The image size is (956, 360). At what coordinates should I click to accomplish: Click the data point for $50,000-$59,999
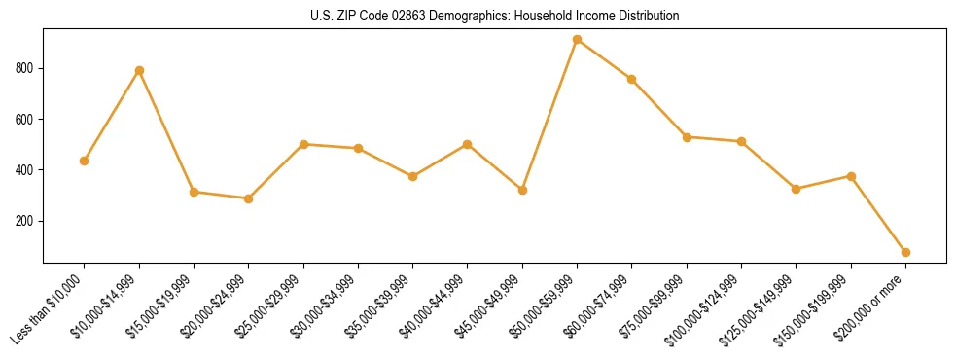pos(577,40)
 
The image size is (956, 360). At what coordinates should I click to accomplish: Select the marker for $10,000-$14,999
pos(139,70)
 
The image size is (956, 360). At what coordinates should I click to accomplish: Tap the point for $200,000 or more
pos(905,252)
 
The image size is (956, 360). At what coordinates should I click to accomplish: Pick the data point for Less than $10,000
pos(85,161)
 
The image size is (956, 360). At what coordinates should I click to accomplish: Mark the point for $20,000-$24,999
pos(249,198)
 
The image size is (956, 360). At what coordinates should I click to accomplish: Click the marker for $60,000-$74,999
pos(632,79)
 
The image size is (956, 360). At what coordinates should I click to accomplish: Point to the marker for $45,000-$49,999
pos(522,190)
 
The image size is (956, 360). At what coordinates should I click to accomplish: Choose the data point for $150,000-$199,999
pos(851,176)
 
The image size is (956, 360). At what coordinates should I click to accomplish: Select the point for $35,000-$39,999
pos(412,176)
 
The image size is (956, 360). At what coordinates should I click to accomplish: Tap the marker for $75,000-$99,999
pos(687,137)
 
